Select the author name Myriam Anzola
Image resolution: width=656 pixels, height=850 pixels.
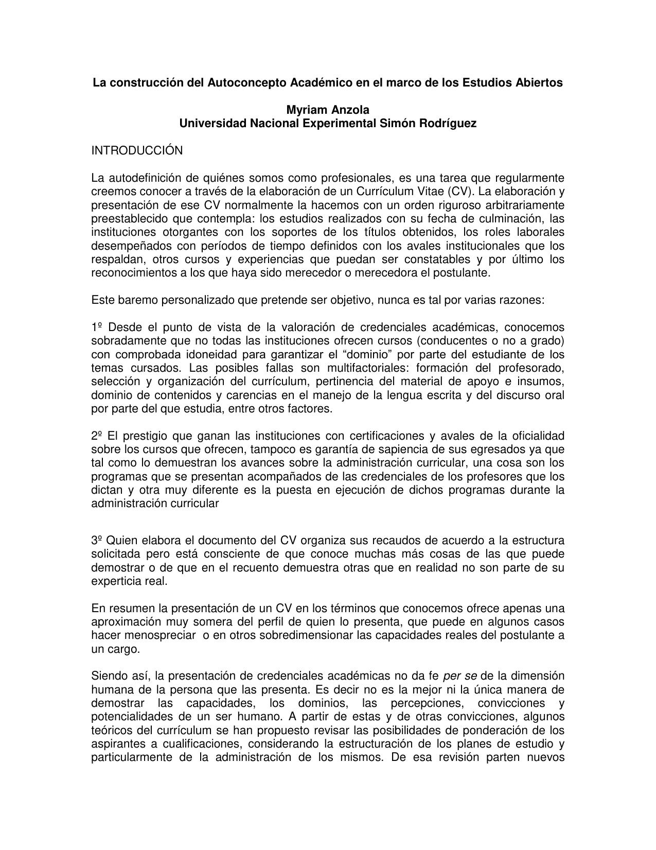(x=328, y=110)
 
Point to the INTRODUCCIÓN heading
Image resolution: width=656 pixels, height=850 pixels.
(x=137, y=151)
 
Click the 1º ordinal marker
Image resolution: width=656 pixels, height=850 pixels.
(x=97, y=327)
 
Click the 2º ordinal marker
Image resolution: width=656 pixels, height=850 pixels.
(x=97, y=436)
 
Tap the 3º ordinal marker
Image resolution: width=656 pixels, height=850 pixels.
(x=97, y=541)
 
